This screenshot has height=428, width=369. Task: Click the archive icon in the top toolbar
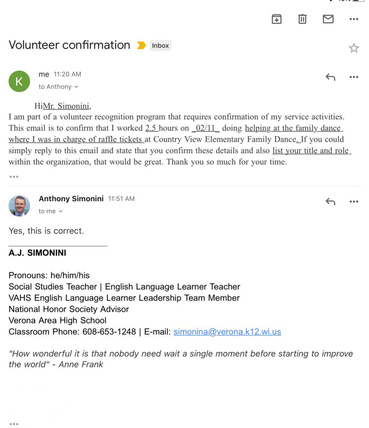276,19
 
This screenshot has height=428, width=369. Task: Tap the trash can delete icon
302,19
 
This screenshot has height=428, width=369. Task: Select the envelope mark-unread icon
328,19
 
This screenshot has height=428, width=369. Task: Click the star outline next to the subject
354,48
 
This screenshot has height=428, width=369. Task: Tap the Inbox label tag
160,45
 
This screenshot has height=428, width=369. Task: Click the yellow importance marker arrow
141,45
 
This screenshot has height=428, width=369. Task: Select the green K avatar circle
19,81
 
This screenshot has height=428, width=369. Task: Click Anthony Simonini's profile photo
19,206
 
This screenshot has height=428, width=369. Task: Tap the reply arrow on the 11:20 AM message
330,77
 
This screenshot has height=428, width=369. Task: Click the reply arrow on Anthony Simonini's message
330,202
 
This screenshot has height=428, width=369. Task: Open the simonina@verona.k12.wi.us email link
227,332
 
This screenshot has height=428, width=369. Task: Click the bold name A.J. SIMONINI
37,253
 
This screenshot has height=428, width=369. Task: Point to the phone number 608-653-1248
109,332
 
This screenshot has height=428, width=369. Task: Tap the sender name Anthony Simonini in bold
71,199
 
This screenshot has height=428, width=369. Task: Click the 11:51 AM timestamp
121,199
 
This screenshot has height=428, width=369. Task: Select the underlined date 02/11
205,128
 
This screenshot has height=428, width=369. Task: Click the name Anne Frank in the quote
81,364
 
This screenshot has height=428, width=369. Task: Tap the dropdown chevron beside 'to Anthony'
76,87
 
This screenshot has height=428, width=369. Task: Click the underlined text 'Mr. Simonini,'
67,106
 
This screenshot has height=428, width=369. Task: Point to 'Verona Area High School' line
58,320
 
